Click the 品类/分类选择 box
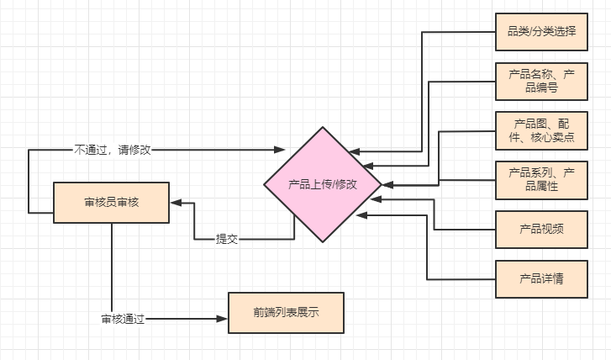coord(542,33)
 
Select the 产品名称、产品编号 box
coord(542,82)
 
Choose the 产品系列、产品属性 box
coord(542,180)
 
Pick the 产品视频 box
coord(542,229)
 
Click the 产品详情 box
coord(542,278)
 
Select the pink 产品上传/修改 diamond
coord(323,184)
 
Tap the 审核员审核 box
coord(112,203)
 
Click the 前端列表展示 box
coord(286,312)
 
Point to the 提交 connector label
coord(227,239)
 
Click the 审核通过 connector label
coord(124,319)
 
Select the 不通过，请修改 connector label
coord(113,150)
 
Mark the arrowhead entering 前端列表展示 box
coord(223,319)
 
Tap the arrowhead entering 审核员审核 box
coord(176,203)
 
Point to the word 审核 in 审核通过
coord(113,319)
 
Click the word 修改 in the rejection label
coord(140,150)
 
